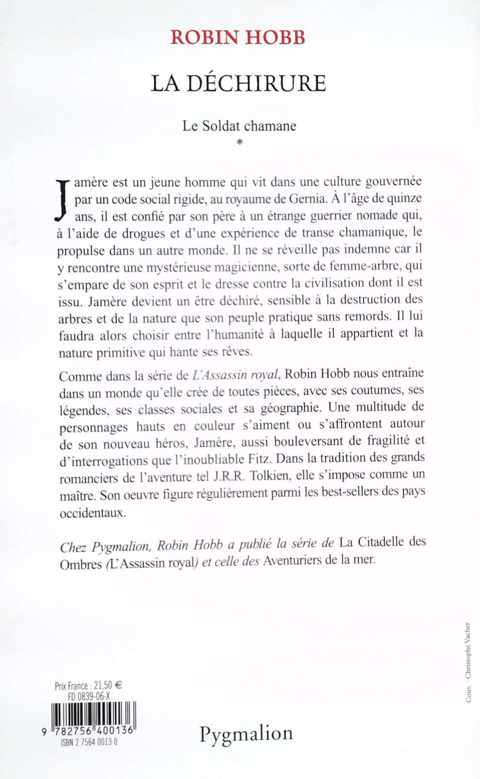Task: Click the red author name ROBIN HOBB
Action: (238, 37)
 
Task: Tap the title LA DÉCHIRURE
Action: (238, 83)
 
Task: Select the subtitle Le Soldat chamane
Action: (240, 126)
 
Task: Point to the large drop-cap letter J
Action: (62, 199)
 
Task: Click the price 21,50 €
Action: (107, 685)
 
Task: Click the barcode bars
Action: (93, 714)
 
